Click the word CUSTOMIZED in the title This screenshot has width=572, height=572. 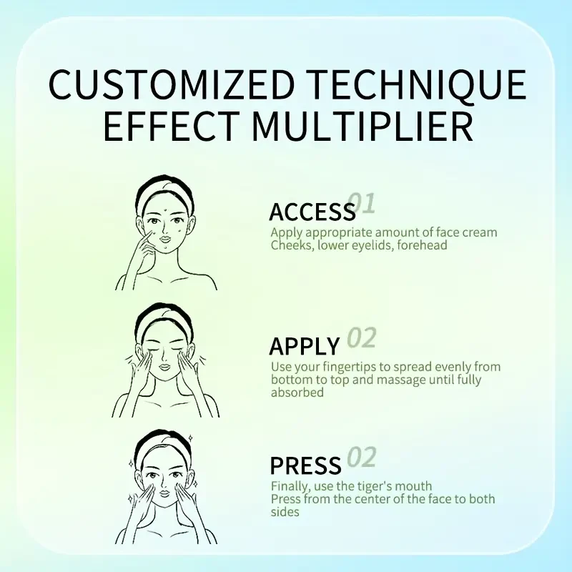tap(172, 84)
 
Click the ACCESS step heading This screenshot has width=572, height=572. tap(312, 212)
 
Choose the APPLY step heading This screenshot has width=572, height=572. tap(305, 346)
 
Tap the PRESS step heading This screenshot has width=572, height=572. tap(305, 465)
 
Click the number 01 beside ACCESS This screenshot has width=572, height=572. tap(361, 203)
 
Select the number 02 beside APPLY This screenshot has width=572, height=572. tap(362, 337)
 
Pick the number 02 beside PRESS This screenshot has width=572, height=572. tap(362, 457)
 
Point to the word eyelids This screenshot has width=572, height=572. tap(372, 245)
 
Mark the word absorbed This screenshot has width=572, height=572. tap(297, 393)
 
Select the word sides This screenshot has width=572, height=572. tap(285, 512)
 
